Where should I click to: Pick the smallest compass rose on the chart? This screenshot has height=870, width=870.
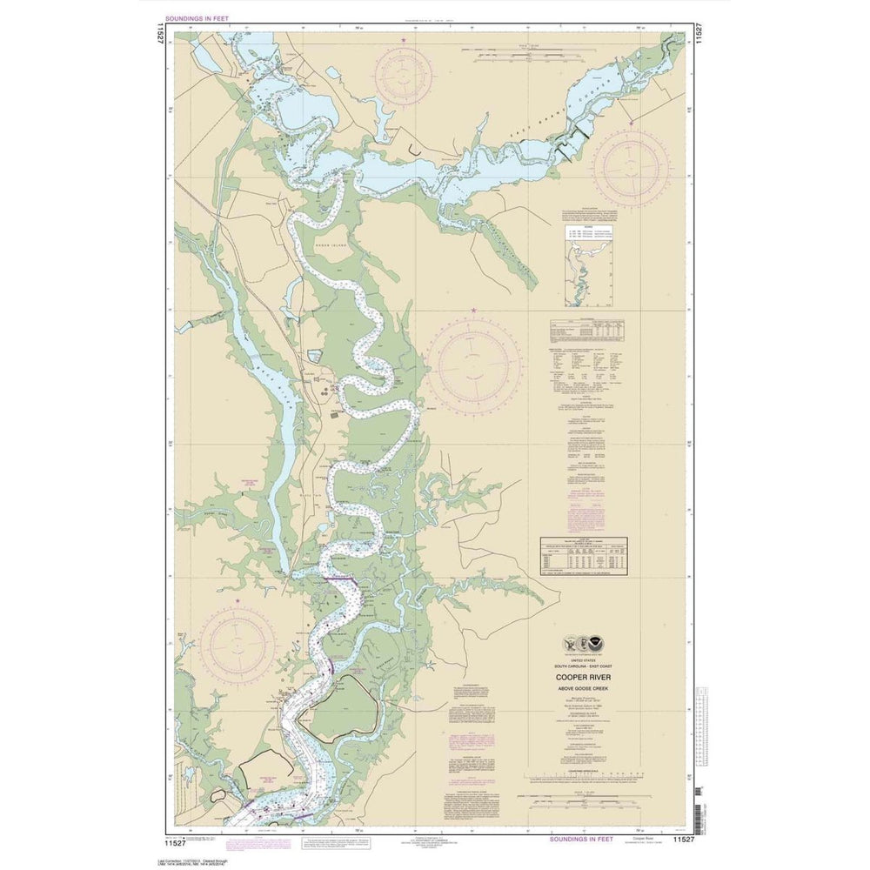point(405,77)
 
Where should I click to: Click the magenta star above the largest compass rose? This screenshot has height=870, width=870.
point(474,311)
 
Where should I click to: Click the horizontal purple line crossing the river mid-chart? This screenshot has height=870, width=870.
point(340,579)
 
